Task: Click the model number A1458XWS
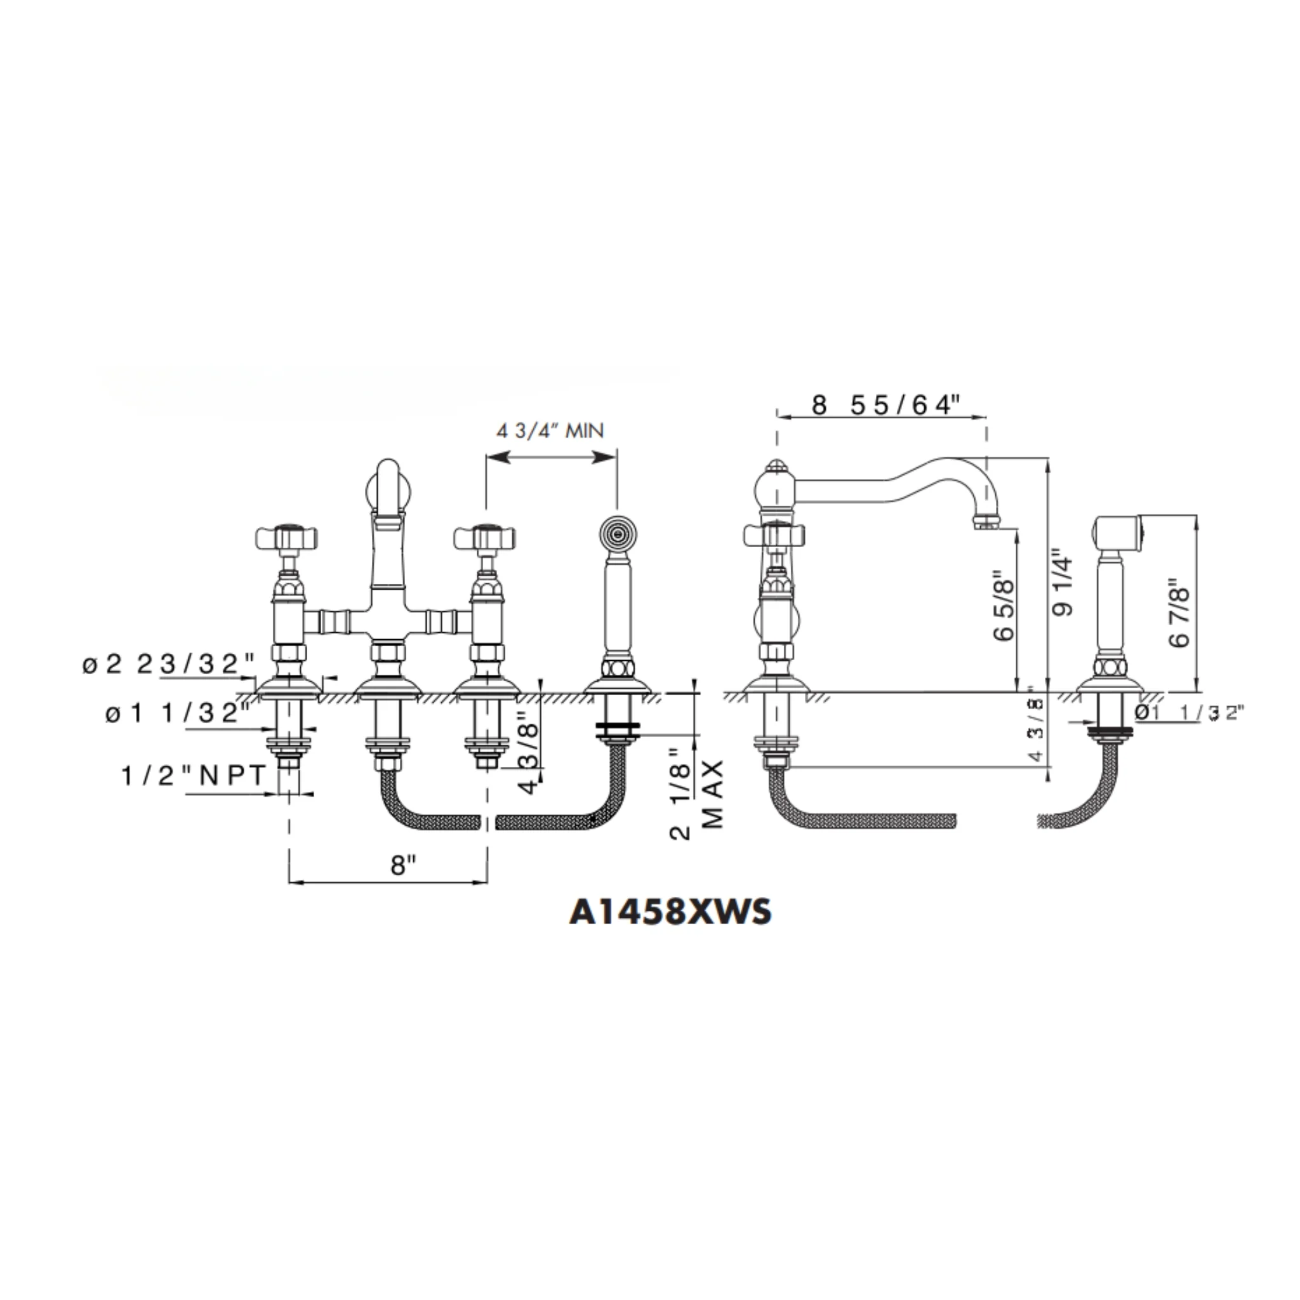pyautogui.click(x=670, y=913)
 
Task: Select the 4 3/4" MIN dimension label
pyautogui.click(x=550, y=430)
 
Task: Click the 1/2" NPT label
pyautogui.click(x=194, y=776)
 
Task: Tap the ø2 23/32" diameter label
pyautogui.click(x=169, y=665)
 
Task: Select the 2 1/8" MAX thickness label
pyautogui.click(x=696, y=794)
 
